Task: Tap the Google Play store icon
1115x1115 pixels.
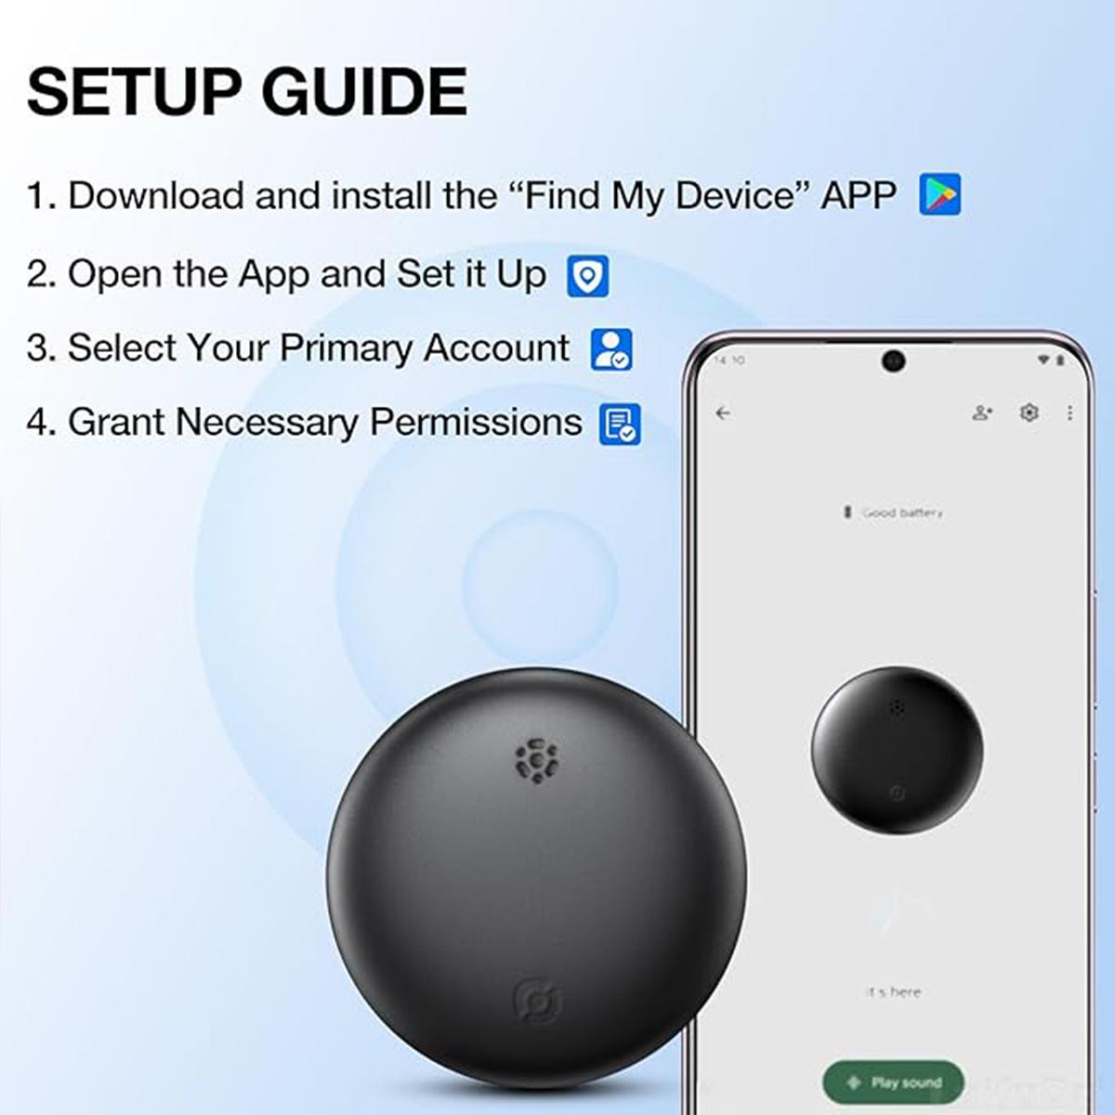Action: coord(939,195)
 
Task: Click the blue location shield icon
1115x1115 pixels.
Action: coord(587,276)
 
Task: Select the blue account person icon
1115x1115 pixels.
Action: coord(610,349)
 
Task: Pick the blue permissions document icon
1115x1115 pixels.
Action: coord(619,424)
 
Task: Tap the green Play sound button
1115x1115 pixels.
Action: coord(893,1082)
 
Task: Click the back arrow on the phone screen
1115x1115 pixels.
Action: coord(724,413)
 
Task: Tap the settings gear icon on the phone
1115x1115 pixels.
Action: coord(1029,413)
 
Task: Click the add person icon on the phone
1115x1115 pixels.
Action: coord(982,413)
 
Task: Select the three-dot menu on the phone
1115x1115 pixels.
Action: coord(1069,413)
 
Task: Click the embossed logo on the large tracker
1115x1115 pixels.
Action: coord(538,1002)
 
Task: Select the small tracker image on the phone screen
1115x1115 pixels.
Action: coord(896,750)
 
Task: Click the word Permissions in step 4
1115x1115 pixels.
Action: coord(476,422)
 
